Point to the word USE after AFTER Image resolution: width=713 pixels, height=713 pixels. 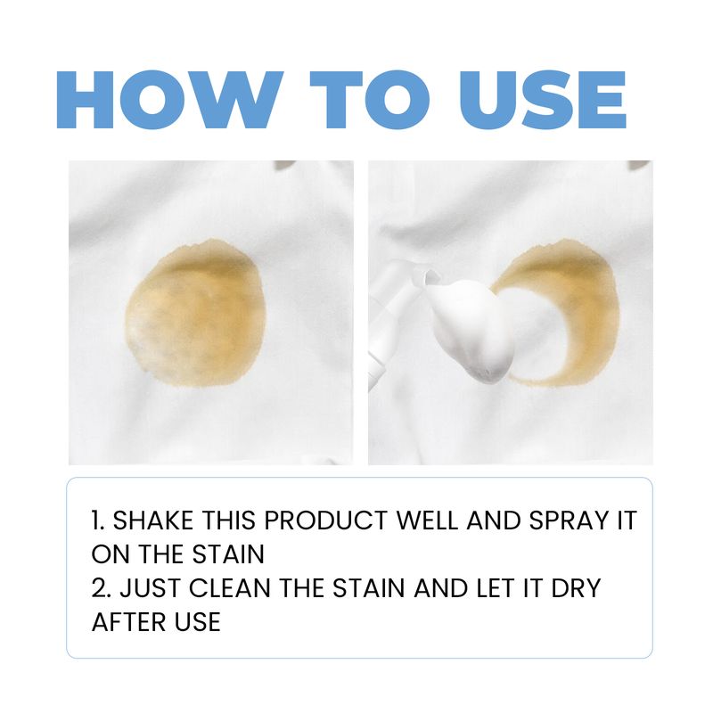pos(195,621)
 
